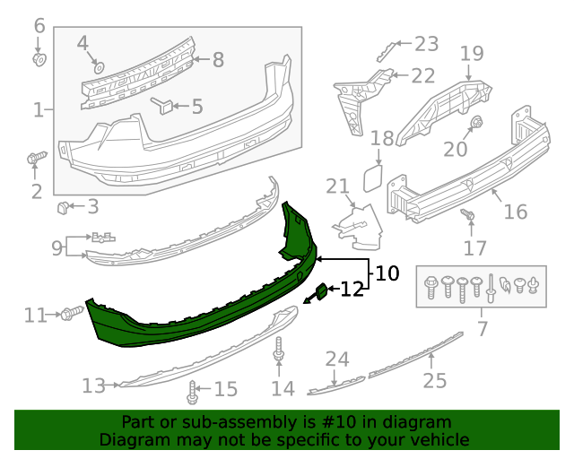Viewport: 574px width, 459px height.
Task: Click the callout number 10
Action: tap(387, 273)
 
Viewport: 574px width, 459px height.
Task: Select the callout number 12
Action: tap(352, 289)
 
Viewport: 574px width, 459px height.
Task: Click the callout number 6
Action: tap(39, 26)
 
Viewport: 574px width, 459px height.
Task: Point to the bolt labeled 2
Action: tap(35, 159)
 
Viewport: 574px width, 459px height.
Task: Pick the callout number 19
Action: tap(472, 54)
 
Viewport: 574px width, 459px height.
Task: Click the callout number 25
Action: tap(434, 382)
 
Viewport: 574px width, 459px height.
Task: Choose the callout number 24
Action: tap(336, 359)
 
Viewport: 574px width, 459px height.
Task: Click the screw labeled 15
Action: tap(193, 391)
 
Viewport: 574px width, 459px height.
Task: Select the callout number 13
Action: tap(93, 385)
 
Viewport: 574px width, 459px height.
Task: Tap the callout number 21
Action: tap(337, 186)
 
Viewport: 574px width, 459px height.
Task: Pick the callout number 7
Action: tap(483, 330)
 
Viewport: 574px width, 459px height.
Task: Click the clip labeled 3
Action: tap(64, 209)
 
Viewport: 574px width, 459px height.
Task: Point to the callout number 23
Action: tap(426, 43)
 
